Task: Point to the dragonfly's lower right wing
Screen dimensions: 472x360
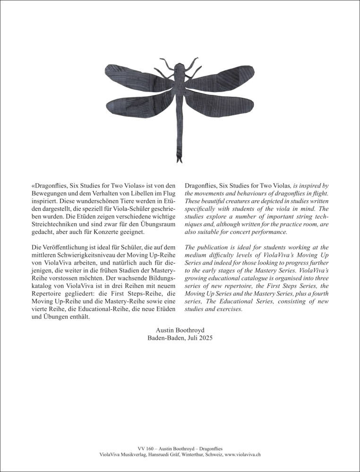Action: point(222,104)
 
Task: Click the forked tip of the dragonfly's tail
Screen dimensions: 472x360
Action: point(180,160)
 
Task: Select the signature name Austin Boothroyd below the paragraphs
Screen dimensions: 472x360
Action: point(180,330)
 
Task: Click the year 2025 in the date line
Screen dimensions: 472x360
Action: point(205,338)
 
